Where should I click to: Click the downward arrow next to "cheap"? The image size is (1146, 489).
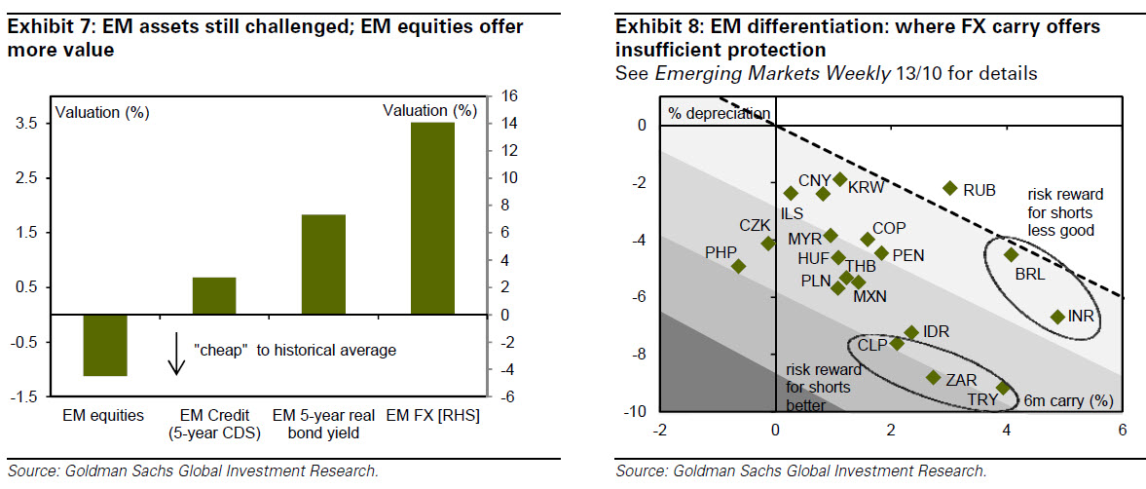(176, 353)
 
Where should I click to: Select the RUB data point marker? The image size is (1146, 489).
(950, 188)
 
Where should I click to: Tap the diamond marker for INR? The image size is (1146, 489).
(1057, 317)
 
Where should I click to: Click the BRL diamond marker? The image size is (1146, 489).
(1011, 254)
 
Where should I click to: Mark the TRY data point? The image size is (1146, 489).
(1003, 388)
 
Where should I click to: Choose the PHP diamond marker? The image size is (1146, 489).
(738, 266)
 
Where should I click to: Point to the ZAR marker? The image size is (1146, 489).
(933, 377)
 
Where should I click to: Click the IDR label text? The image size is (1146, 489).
(936, 331)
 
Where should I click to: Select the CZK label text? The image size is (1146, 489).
(755, 225)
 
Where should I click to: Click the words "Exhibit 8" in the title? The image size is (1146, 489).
(653, 26)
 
